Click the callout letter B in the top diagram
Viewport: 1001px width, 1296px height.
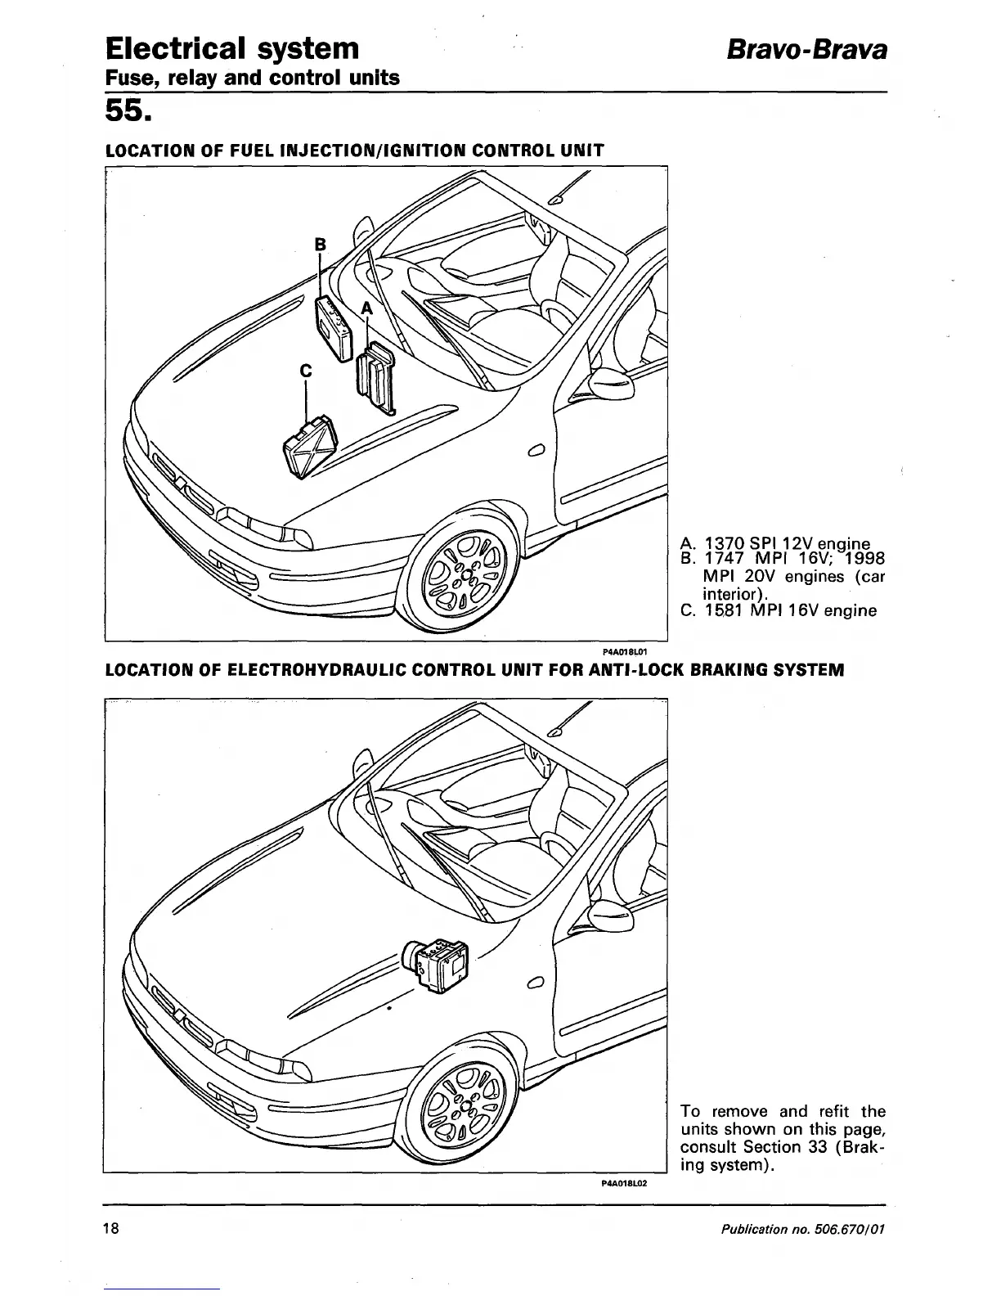(321, 244)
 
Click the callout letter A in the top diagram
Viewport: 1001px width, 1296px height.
(366, 308)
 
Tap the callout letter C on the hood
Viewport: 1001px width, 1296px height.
(307, 371)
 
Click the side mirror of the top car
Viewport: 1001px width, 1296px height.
(612, 380)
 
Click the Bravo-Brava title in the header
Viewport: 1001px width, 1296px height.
(807, 49)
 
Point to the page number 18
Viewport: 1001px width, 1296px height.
(112, 1228)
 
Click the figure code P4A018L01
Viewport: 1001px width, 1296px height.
(625, 651)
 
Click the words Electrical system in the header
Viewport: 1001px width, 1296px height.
(232, 49)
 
